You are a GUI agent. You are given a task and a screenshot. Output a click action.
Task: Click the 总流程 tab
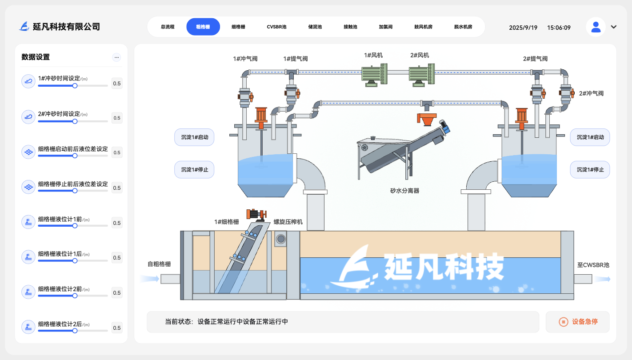[168, 27]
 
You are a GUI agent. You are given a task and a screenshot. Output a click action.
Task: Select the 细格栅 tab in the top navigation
[238, 27]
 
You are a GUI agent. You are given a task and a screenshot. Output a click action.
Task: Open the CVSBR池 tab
[276, 27]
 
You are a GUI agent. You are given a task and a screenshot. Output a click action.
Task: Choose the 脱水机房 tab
[463, 27]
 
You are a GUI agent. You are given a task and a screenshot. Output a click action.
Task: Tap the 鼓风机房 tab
[423, 27]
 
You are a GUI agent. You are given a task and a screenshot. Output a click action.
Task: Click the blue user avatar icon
[596, 27]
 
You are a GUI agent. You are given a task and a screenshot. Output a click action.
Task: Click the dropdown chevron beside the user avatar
[614, 27]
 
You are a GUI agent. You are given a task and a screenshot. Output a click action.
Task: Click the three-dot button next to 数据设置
[116, 57]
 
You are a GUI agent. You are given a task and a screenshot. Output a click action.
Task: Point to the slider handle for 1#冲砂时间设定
[75, 85]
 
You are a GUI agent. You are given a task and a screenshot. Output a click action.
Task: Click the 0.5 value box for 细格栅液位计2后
[117, 328]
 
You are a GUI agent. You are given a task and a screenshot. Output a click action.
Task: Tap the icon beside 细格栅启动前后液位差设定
[28, 152]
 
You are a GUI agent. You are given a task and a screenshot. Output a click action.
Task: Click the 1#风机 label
[373, 56]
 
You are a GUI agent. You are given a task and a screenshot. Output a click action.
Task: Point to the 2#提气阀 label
[535, 59]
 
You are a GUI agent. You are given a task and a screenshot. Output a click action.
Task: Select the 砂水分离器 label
[404, 191]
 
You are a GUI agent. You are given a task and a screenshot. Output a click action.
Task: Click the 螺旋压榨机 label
[288, 222]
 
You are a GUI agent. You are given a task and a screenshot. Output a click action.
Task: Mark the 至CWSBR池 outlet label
[593, 265]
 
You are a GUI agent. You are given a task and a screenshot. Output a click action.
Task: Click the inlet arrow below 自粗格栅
[150, 279]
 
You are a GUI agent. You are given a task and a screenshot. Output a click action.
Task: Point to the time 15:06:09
[559, 28]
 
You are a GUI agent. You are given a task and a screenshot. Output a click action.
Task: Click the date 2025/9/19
[523, 28]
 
